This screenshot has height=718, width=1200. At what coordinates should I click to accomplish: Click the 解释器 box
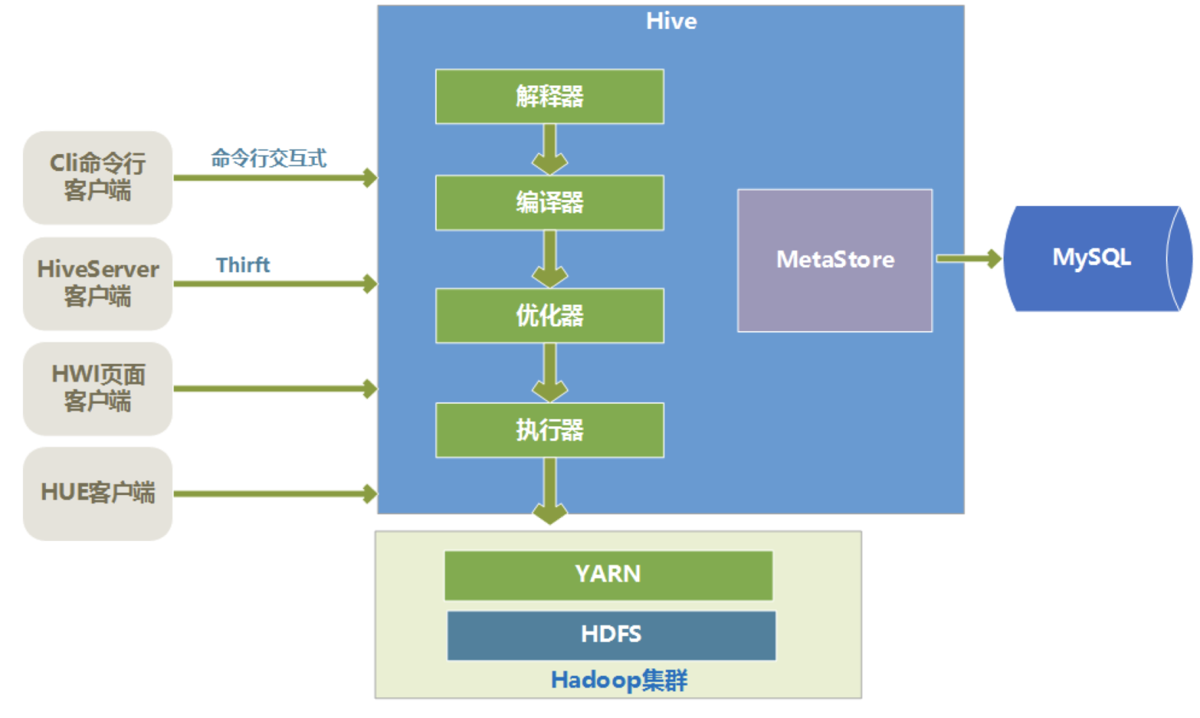[x=550, y=96]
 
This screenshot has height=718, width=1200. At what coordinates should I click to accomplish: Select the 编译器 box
[x=550, y=202]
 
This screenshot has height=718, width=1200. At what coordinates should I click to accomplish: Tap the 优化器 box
[x=550, y=316]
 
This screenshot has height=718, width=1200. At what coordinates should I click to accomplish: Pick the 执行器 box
[x=550, y=430]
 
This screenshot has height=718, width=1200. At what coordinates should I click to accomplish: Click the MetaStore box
[x=835, y=260]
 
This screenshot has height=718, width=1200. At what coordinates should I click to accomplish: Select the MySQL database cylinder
[x=1098, y=259]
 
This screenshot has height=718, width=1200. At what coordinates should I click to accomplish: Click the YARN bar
[x=609, y=575]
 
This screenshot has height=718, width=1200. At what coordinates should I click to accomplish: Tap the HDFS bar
[x=611, y=635]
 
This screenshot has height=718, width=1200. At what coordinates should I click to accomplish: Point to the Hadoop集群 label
[x=619, y=680]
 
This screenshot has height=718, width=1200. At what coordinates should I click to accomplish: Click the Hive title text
[x=671, y=21]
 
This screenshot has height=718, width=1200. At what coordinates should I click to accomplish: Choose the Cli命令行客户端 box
[x=98, y=177]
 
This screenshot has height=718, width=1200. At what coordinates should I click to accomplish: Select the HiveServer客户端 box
[x=98, y=284]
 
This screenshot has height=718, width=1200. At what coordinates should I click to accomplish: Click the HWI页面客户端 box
[x=98, y=388]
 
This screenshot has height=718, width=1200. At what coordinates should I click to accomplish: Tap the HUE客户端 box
[x=98, y=493]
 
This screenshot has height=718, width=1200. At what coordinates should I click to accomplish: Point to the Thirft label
[x=243, y=265]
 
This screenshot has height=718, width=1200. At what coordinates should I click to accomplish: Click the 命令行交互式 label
[x=268, y=158]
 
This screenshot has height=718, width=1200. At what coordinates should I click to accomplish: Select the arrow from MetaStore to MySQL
[x=969, y=259]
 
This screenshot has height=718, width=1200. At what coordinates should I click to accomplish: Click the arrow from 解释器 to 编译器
[x=550, y=150]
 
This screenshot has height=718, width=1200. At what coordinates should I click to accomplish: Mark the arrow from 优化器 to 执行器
[x=550, y=373]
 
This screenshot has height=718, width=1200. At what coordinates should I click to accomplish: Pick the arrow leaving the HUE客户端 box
[x=276, y=493]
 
